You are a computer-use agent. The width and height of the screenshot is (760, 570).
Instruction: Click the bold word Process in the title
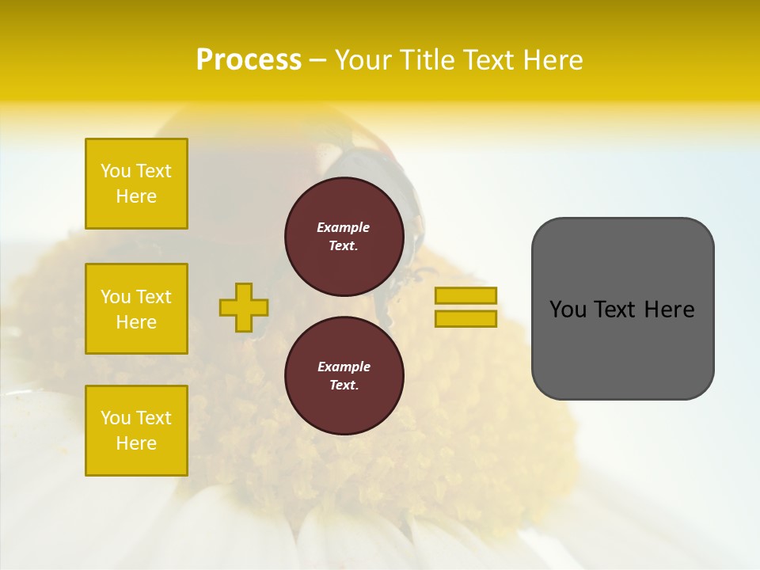coord(249,60)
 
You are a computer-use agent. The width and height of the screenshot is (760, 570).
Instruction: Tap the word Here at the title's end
coord(552,60)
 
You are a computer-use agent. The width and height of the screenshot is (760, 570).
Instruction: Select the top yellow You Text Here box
coord(136,184)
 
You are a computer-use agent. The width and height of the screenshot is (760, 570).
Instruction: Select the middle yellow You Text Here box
coord(136,309)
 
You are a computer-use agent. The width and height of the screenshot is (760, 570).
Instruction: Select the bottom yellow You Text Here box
coord(136,431)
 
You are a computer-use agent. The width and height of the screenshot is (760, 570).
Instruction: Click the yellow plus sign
coord(244,307)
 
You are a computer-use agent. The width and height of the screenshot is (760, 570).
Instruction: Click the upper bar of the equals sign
coord(465,295)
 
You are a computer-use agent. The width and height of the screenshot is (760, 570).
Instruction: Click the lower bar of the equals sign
coord(465,319)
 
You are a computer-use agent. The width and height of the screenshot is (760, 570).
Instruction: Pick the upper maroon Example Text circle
coord(344,237)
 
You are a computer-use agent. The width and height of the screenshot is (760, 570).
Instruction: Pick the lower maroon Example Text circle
coord(344,375)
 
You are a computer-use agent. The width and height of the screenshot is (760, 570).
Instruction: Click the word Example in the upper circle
coord(343,227)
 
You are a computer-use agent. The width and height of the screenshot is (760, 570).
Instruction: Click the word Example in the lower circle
coord(344,367)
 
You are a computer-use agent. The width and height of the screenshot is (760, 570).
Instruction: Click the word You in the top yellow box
coord(116,171)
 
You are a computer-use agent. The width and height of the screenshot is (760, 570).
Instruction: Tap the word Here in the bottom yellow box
coord(136,443)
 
